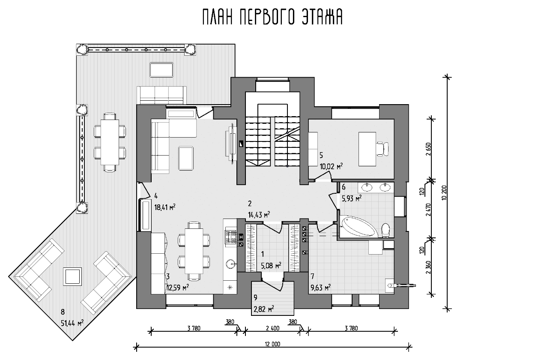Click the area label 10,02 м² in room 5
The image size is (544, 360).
coord(331,166)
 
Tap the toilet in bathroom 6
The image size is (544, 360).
coord(386,230)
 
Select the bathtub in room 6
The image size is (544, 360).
coord(359,226)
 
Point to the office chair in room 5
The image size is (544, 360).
coord(382,149)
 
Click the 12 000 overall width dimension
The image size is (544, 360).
coord(272,344)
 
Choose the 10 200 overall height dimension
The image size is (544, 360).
coord(445,193)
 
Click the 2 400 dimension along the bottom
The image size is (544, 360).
coord(272,328)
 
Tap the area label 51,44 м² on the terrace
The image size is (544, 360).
coord(72,323)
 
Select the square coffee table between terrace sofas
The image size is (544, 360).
coord(72,276)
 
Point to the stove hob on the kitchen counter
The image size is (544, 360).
coord(230,237)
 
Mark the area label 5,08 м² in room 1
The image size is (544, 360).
coord(271,265)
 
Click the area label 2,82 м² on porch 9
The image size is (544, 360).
coord(264,309)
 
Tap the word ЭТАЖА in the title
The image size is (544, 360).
coord(322,17)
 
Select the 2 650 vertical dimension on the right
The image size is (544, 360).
coord(428,149)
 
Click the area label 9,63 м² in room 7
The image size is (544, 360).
coord(320,288)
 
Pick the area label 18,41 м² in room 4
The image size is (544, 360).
coord(165,207)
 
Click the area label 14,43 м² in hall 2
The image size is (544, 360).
coord(259,215)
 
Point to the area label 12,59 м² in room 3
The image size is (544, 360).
coord(177,288)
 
